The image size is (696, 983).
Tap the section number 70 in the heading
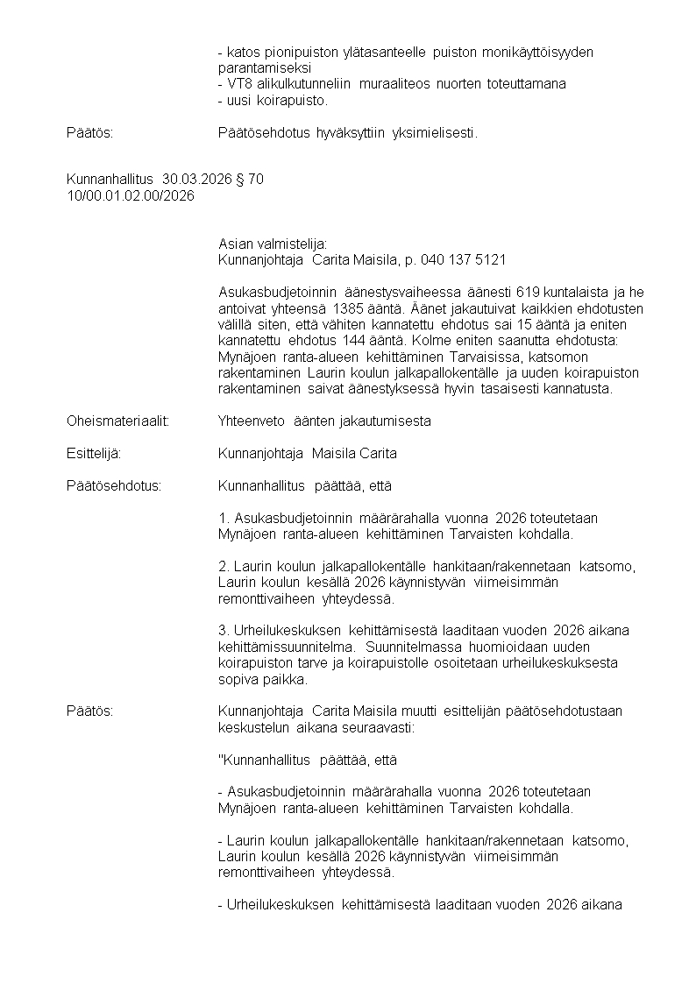click(x=255, y=180)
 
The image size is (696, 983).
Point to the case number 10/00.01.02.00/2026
click(x=131, y=195)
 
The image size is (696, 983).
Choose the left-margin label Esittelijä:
click(x=94, y=453)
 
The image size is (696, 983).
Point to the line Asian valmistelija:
click(x=272, y=244)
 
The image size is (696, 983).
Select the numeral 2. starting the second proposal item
click(x=224, y=567)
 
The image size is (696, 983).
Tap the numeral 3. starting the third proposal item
click(x=224, y=631)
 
